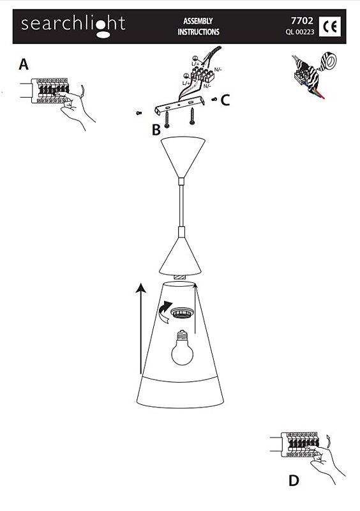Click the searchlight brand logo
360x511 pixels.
pyautogui.click(x=73, y=26)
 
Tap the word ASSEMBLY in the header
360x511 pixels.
pyautogui.click(x=198, y=21)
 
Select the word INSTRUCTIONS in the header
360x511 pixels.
pyautogui.click(x=199, y=32)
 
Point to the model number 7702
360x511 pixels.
pyautogui.click(x=302, y=20)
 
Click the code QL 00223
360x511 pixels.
pyautogui.click(x=300, y=32)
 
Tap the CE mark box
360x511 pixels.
pyautogui.click(x=330, y=26)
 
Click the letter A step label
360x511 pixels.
pyautogui.click(x=24, y=65)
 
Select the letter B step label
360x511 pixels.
pyautogui.click(x=156, y=130)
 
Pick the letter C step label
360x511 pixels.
pyautogui.click(x=225, y=100)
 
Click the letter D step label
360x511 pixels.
pyautogui.click(x=294, y=481)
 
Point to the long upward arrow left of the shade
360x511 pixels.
pyautogui.click(x=140, y=328)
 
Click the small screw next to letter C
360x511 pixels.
pyautogui.click(x=214, y=100)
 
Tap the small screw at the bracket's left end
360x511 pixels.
pyautogui.click(x=139, y=113)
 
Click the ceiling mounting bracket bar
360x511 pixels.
pyautogui.click(x=180, y=105)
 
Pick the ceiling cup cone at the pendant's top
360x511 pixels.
pyautogui.click(x=183, y=157)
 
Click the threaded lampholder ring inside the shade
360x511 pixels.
pyautogui.click(x=183, y=312)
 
